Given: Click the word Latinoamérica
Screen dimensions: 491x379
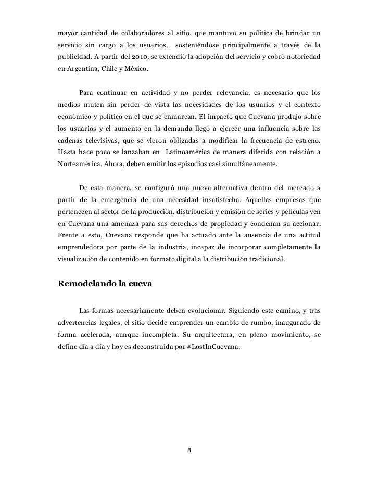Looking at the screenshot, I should coord(197,152).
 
